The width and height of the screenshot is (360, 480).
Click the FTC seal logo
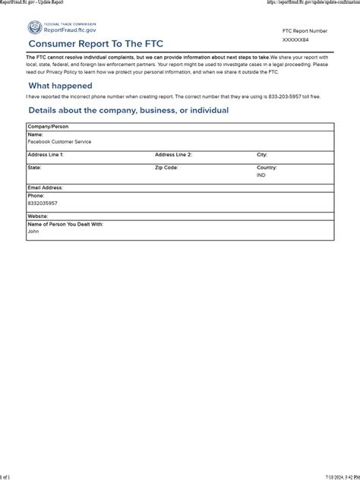tap(34, 28)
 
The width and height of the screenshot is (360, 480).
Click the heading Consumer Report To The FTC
tap(96, 45)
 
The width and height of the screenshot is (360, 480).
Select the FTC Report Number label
tap(305, 30)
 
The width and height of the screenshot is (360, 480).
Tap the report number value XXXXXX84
tap(295, 39)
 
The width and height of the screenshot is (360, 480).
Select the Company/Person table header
tap(48, 127)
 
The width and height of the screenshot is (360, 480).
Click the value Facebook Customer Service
tap(58, 141)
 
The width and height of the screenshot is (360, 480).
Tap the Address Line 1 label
tap(46, 154)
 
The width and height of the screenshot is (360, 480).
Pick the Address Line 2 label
tap(173, 154)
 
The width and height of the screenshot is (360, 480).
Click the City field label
tap(262, 154)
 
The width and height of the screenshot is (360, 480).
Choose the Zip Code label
tap(166, 167)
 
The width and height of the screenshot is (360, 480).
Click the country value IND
tap(261, 175)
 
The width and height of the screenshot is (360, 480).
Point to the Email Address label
tap(45, 187)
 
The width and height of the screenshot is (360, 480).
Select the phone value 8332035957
tap(43, 204)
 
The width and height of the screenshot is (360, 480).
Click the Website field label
tap(38, 216)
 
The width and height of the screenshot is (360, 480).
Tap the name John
tap(33, 232)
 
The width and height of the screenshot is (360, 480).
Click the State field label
tap(34, 167)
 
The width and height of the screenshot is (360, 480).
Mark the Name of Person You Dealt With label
tap(65, 224)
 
